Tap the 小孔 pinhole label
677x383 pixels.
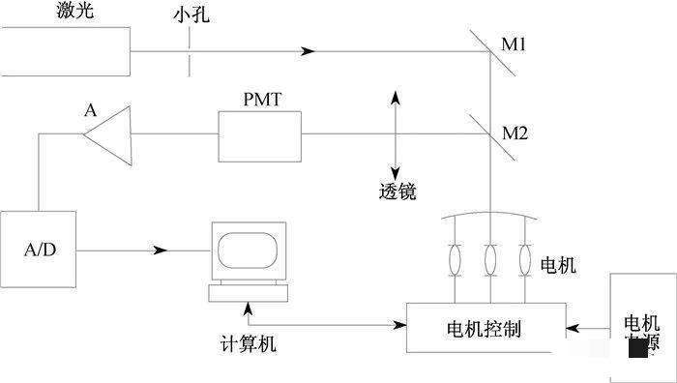pos(190,16)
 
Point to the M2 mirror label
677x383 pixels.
pos(515,133)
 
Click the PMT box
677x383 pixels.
pos(259,133)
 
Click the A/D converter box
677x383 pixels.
pos(40,250)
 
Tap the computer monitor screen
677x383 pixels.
pos(250,250)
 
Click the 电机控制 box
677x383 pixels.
pos(485,329)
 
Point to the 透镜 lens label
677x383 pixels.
pos(397,191)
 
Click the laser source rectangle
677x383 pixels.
pos(66,50)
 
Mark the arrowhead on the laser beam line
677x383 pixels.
pos(309,50)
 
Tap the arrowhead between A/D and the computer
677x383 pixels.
pos(160,250)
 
